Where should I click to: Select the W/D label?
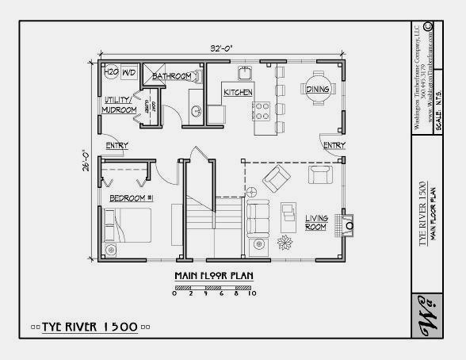(x=130, y=72)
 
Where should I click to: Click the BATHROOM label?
(x=173, y=76)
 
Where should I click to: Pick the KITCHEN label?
(x=238, y=92)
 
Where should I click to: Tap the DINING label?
(x=318, y=90)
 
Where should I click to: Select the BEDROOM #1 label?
(x=132, y=197)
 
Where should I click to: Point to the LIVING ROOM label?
(x=316, y=222)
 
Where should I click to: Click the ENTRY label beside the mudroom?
(x=116, y=145)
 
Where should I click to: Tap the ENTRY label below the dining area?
(x=334, y=145)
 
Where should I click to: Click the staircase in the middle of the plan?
(x=214, y=215)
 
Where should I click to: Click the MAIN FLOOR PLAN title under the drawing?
(x=213, y=276)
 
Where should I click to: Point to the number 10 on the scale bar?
(x=252, y=293)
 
